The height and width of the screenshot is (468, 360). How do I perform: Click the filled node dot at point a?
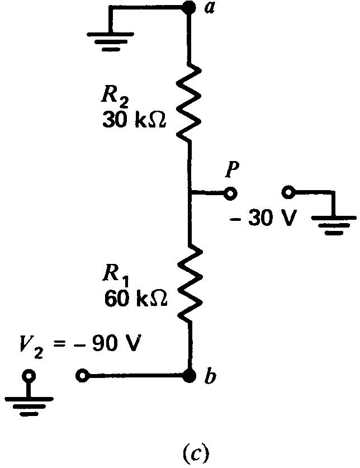tap(189, 7)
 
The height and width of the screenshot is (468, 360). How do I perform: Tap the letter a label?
tap(210, 7)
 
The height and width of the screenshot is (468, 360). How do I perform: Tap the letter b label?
tap(210, 376)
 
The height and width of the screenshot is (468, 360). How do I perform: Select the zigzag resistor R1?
tap(190, 282)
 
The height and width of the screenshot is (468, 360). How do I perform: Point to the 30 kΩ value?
tap(134, 120)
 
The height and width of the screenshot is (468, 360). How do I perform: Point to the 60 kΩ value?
tap(136, 298)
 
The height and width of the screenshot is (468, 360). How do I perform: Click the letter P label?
tap(232, 170)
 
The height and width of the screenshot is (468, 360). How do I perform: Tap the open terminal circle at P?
tap(230, 193)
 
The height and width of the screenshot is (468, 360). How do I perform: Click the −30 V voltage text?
tap(263, 218)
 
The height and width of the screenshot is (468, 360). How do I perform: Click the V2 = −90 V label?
tap(80, 347)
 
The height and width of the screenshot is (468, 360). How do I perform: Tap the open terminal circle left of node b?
tap(82, 376)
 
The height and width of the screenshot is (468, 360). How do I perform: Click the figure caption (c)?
tap(196, 452)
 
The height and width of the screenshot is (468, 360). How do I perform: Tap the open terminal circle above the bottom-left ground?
tap(29, 375)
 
